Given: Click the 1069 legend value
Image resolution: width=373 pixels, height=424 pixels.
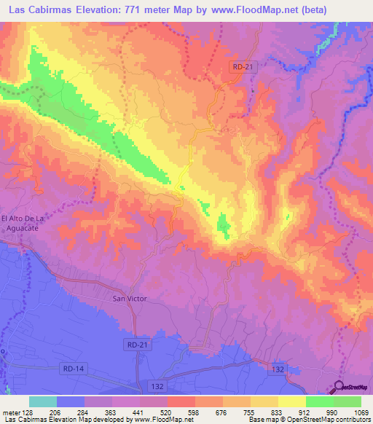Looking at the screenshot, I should click(x=362, y=412).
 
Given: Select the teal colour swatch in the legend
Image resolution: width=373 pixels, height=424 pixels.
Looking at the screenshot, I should click(x=42, y=401).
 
